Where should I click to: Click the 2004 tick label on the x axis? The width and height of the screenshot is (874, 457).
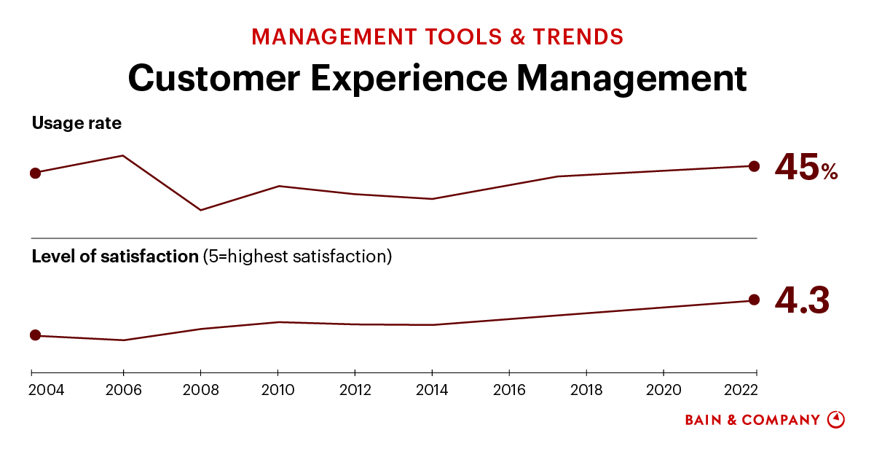(47, 390)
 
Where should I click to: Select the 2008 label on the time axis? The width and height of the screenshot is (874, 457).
(200, 390)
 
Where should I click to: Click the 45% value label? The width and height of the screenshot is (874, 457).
(806, 167)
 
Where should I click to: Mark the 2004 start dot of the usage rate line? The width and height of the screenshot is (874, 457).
(35, 173)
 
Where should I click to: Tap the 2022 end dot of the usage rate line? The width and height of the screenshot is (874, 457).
(755, 166)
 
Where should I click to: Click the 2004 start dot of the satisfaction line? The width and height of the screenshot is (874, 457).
(35, 335)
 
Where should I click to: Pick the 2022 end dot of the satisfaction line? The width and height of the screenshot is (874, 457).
(755, 300)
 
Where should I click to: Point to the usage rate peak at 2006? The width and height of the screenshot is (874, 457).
(123, 155)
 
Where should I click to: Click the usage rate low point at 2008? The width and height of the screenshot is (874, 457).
(200, 210)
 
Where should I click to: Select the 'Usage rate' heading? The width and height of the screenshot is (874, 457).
(76, 123)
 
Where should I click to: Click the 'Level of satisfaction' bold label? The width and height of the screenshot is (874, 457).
(115, 257)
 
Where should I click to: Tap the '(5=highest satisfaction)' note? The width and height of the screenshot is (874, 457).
(297, 257)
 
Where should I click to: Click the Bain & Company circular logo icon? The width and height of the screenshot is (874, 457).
(836, 420)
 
